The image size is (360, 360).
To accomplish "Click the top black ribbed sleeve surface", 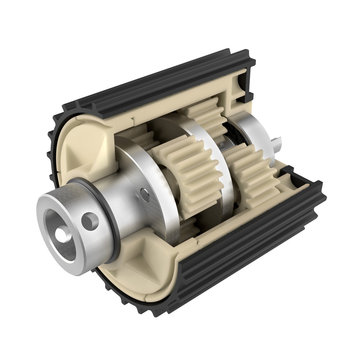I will tap(150, 80).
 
